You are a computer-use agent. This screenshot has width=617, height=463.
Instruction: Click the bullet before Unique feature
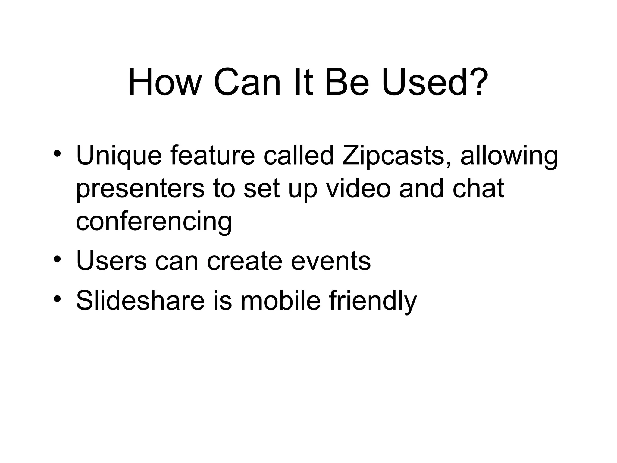click(57, 153)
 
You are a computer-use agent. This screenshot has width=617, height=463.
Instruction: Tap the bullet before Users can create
click(57, 258)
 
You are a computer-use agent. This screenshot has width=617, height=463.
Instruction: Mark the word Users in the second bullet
click(111, 261)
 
